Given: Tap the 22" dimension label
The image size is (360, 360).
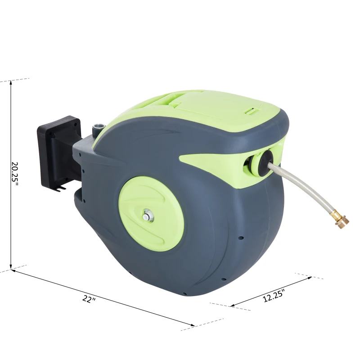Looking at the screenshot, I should click(89, 300).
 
